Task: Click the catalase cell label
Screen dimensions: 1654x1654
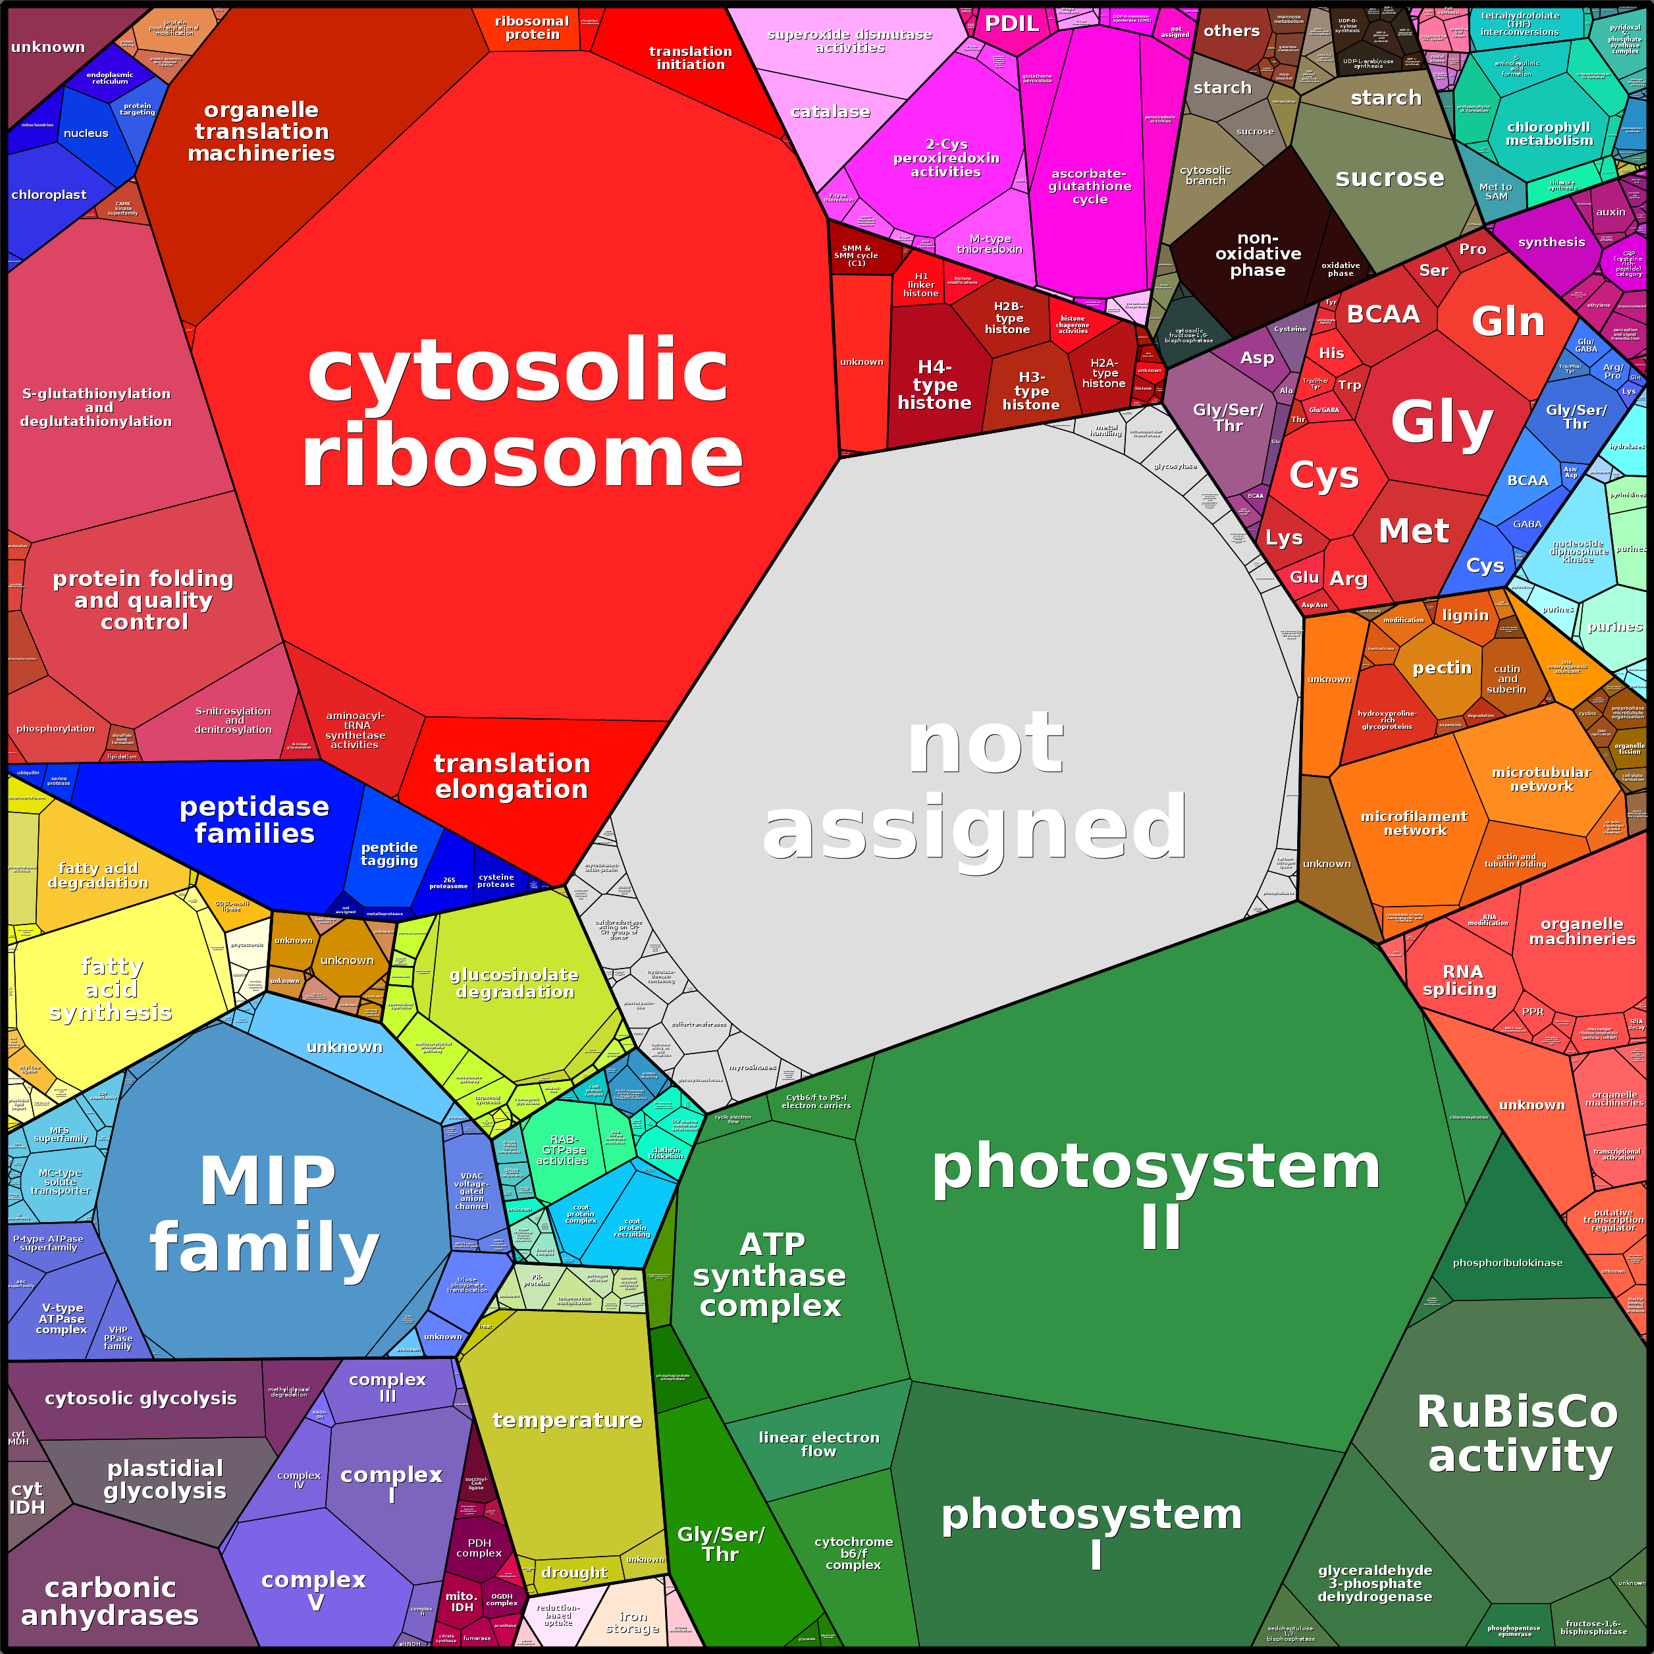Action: click(x=830, y=112)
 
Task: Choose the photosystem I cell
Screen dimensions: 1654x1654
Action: click(x=1092, y=1532)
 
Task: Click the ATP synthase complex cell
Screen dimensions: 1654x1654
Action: click(x=770, y=1275)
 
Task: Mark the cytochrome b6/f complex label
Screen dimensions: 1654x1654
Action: click(x=853, y=1553)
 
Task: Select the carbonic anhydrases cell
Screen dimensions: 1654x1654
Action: click(x=109, y=1601)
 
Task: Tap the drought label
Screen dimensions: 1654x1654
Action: click(x=574, y=1572)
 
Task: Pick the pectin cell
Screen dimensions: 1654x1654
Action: click(x=1442, y=668)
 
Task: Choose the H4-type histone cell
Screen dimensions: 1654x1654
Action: click(x=934, y=385)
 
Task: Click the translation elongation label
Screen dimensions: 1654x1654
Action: click(x=511, y=776)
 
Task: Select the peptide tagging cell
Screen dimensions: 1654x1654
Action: click(x=390, y=855)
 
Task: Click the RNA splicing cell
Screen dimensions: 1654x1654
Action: click(x=1461, y=980)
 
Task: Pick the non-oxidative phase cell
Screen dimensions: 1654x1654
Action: click(x=1258, y=254)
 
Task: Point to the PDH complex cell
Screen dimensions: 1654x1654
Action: click(x=479, y=1548)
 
